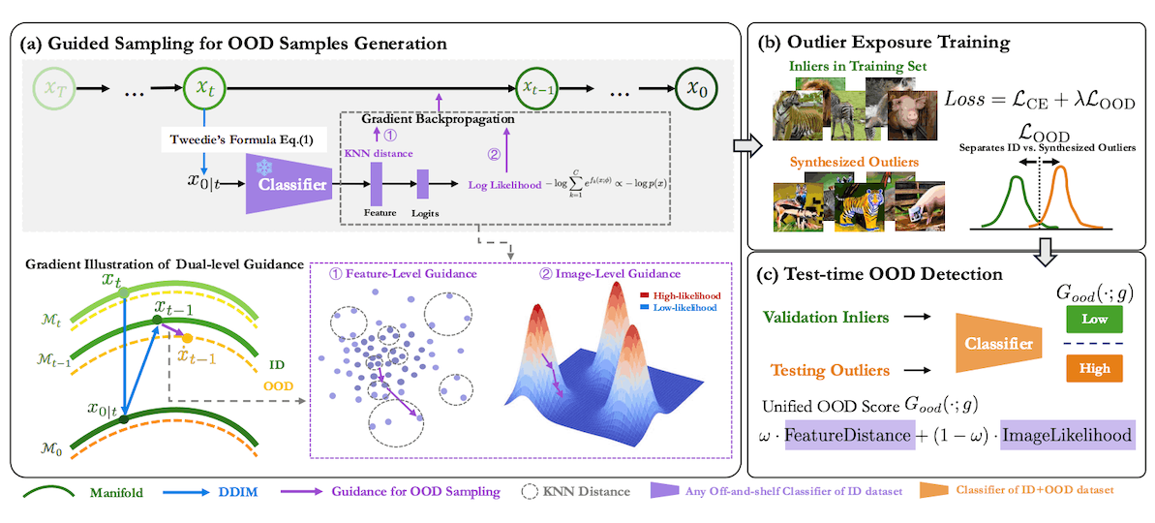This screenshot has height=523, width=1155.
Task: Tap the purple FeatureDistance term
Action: point(848,437)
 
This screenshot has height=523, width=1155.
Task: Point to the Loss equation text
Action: point(1041,101)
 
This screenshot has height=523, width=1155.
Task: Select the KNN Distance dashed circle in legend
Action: point(529,492)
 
